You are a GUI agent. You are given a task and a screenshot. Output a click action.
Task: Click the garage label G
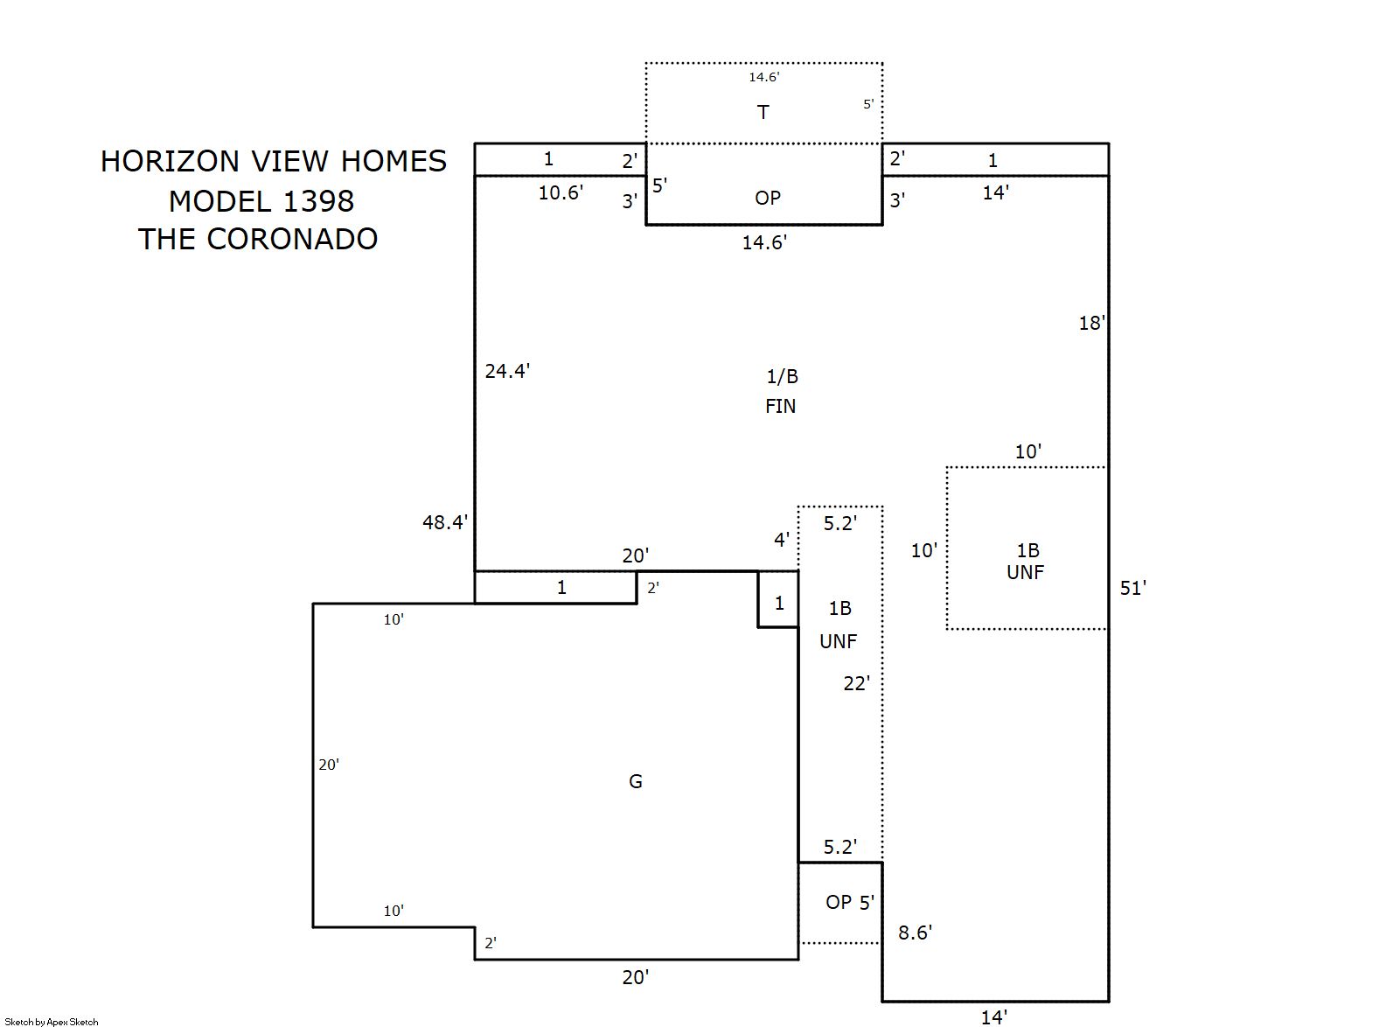635,781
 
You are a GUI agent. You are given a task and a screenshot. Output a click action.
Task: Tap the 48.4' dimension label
445,522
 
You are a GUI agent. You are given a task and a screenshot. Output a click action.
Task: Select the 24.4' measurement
507,371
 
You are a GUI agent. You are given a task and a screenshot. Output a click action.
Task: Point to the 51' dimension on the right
1133,588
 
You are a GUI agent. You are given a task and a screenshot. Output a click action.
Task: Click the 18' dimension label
1092,323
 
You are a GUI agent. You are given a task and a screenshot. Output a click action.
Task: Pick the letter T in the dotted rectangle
763,112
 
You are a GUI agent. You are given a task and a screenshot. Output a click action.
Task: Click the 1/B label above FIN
782,376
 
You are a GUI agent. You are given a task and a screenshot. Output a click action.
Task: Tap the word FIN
781,406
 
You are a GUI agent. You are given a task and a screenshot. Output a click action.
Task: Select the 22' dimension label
856,683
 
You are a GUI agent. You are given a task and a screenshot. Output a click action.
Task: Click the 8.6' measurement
915,933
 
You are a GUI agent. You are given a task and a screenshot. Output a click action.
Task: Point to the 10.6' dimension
561,192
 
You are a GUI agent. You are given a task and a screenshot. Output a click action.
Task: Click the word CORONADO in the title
292,239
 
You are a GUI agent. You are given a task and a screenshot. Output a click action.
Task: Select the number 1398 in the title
319,201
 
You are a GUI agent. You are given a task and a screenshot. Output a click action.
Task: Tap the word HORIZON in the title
170,161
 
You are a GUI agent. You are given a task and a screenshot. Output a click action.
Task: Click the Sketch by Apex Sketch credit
52,1022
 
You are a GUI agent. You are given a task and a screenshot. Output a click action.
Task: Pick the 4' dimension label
782,540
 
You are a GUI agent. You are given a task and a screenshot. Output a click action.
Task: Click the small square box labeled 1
778,599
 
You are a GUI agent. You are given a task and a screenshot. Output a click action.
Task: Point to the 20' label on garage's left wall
329,765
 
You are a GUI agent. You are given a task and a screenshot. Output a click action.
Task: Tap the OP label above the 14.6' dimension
768,198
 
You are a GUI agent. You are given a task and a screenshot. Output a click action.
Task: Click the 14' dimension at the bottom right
993,1017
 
